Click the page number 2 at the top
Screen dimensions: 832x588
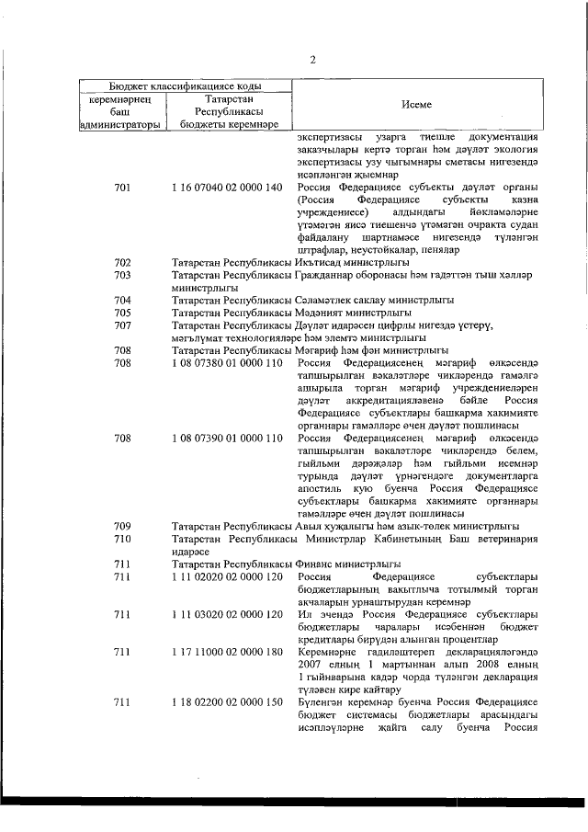coord(312,61)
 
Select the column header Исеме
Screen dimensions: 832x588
coord(423,106)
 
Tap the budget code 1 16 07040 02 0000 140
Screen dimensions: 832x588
coord(226,188)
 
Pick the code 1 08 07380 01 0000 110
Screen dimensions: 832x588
coord(226,362)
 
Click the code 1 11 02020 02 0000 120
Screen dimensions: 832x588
coord(226,576)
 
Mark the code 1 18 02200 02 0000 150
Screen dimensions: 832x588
coord(226,702)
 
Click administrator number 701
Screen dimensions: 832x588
coord(122,188)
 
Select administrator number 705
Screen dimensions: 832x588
coord(122,313)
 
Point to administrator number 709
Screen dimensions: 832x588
coord(122,526)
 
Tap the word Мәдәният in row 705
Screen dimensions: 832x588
coord(324,313)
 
